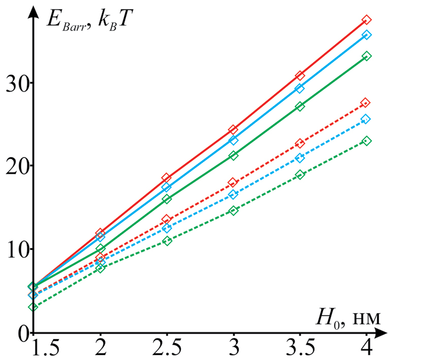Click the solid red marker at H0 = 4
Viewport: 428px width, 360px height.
[367, 20]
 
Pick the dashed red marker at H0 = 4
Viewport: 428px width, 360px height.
[366, 103]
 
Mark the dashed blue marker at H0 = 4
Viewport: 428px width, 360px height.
[366, 119]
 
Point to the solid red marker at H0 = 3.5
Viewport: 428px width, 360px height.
[300, 76]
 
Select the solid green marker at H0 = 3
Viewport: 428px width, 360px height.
[234, 155]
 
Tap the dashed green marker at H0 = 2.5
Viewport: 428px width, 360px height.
[167, 241]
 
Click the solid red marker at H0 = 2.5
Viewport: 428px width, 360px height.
[167, 178]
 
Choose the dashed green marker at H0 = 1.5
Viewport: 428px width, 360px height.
[34, 307]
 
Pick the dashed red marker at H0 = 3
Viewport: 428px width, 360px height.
[233, 182]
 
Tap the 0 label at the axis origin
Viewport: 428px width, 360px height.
[21, 333]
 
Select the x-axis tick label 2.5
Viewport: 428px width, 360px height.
[167, 349]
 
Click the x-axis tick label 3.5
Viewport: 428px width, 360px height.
[300, 349]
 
